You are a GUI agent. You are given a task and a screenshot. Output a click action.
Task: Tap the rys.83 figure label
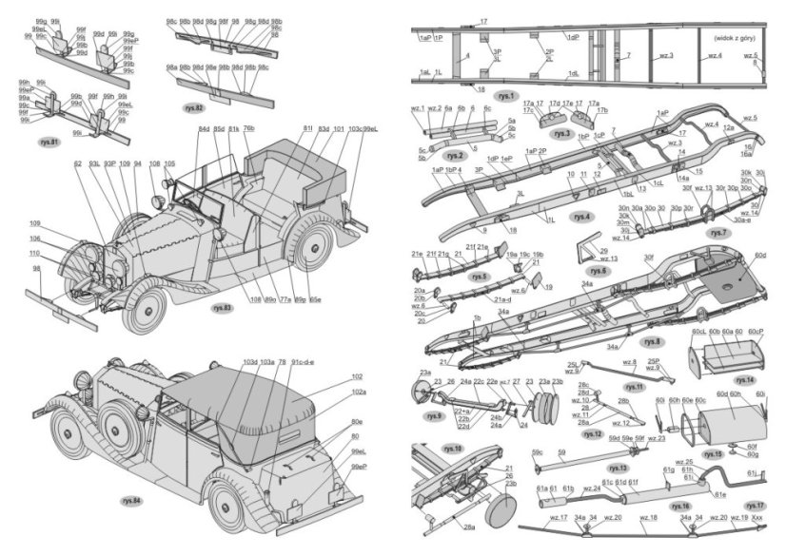(223, 308)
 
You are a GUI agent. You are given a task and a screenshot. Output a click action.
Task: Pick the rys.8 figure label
(653, 340)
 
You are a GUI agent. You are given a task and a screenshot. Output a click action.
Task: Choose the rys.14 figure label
(744, 380)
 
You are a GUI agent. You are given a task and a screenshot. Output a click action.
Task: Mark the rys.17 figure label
(756, 505)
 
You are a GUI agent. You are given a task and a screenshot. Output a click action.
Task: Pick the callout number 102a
(358, 392)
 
